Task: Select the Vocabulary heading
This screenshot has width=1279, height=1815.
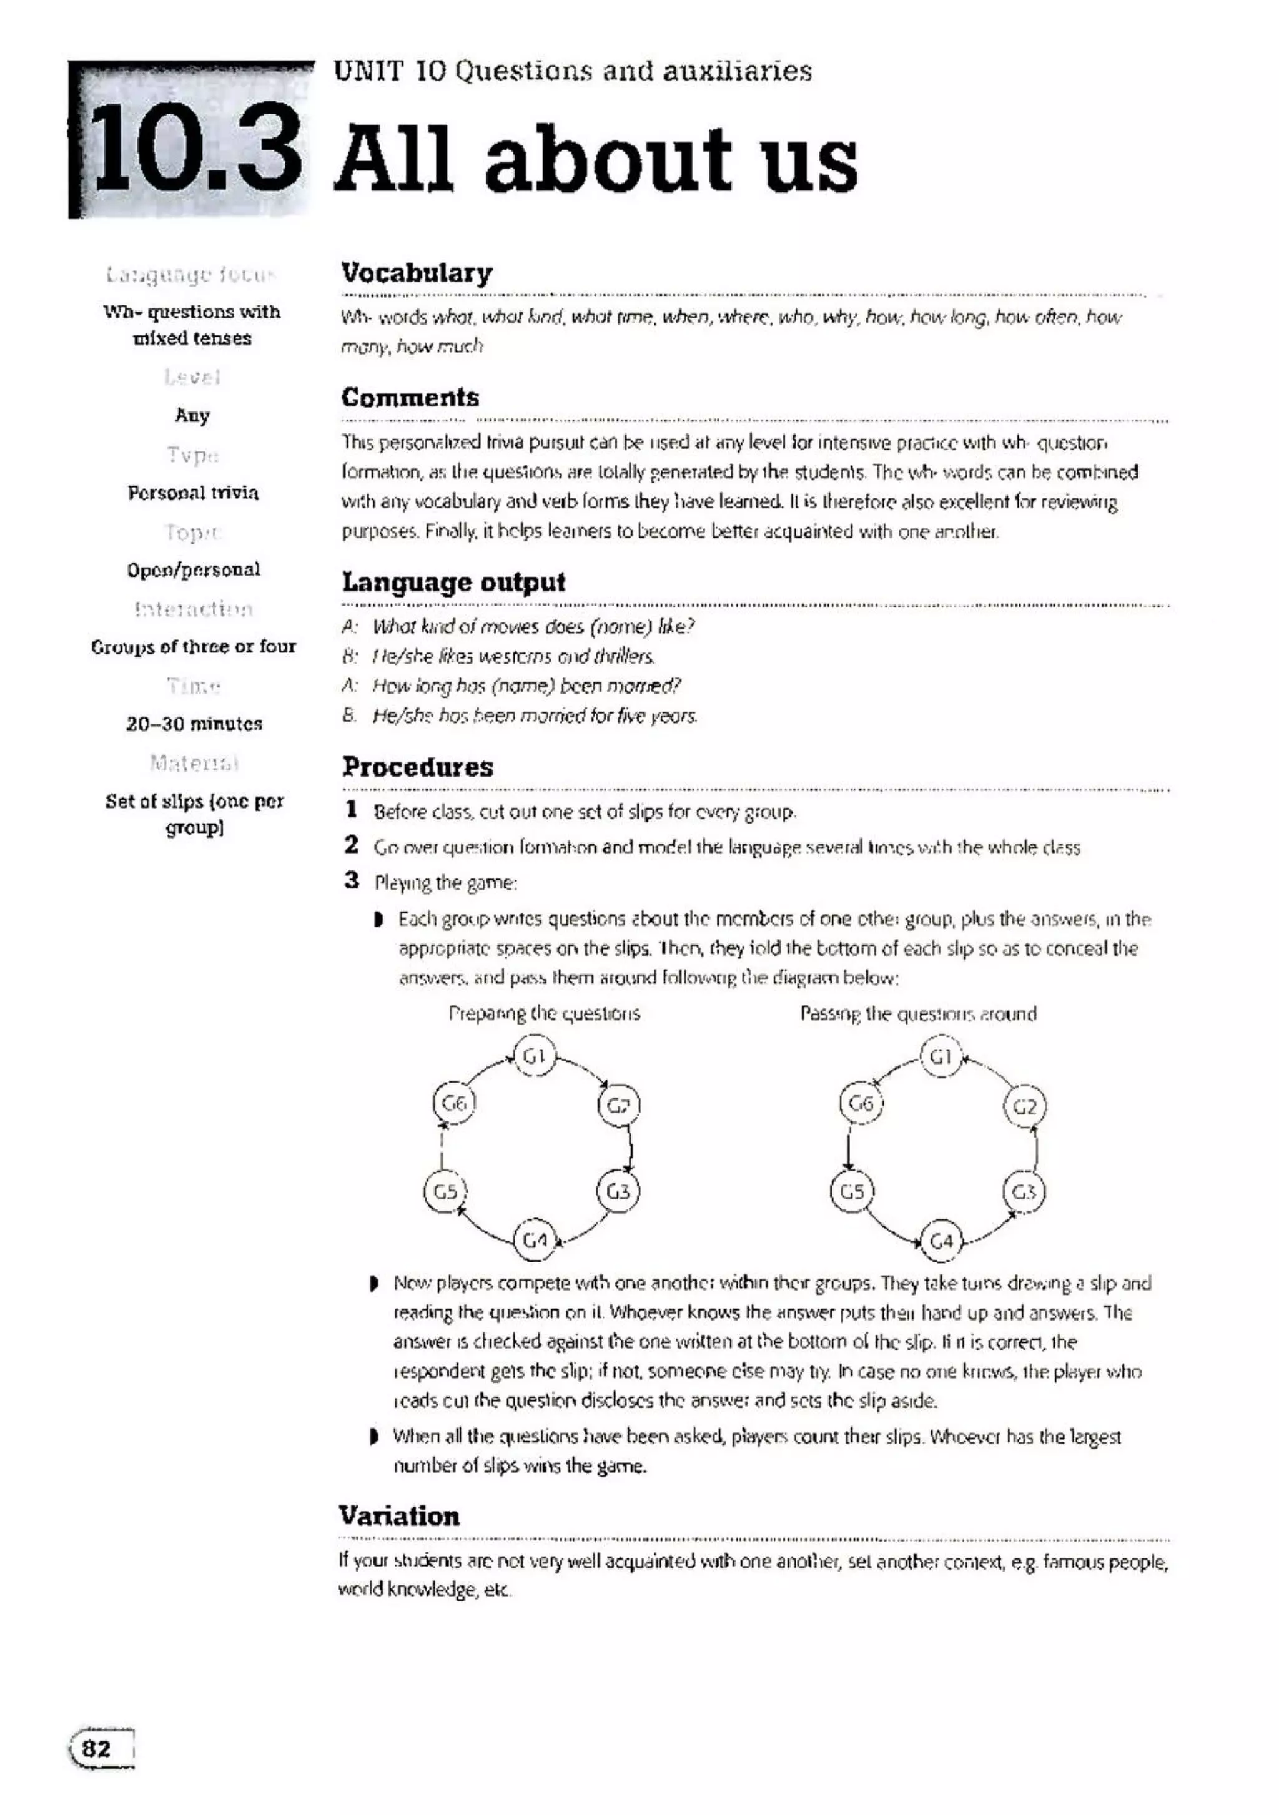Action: pos(417,273)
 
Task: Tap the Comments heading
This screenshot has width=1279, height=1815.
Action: pos(410,397)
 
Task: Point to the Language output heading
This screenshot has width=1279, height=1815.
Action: pos(453,582)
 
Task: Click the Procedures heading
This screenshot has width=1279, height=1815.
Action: pos(417,767)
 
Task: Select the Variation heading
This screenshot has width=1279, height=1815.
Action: pos(399,1515)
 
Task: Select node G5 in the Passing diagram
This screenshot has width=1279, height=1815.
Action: pos(851,1191)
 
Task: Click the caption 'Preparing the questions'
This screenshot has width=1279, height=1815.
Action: pos(544,1013)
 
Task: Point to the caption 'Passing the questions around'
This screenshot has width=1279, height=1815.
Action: pos(918,1013)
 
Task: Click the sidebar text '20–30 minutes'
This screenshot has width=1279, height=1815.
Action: pos(194,723)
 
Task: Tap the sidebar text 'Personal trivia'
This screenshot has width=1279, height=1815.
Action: pos(194,493)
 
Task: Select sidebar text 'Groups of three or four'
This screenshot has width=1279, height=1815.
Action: pos(194,647)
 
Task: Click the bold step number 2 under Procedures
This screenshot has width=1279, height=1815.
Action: pos(351,844)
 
